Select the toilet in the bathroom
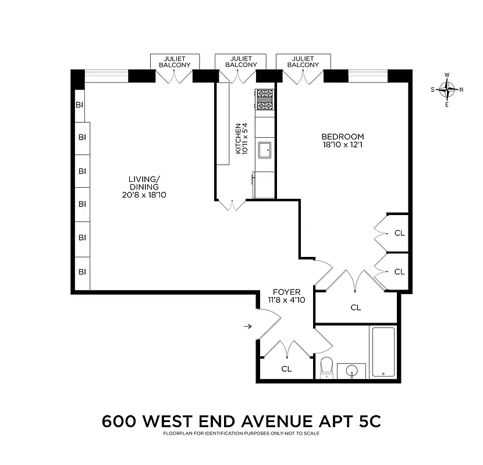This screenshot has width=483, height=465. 326,367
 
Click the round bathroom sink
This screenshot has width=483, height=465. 351,370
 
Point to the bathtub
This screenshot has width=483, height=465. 383,352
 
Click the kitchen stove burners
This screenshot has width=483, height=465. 264,99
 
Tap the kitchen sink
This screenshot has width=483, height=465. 265,148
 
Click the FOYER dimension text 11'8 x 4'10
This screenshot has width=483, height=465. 285,301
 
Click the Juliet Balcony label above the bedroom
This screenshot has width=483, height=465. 304,62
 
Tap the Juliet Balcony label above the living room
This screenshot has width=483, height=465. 175,62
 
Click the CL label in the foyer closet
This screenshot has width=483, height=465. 286,369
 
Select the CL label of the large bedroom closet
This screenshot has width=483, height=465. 356,307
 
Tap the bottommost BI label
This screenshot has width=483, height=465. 82,271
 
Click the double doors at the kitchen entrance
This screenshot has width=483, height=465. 232,204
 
